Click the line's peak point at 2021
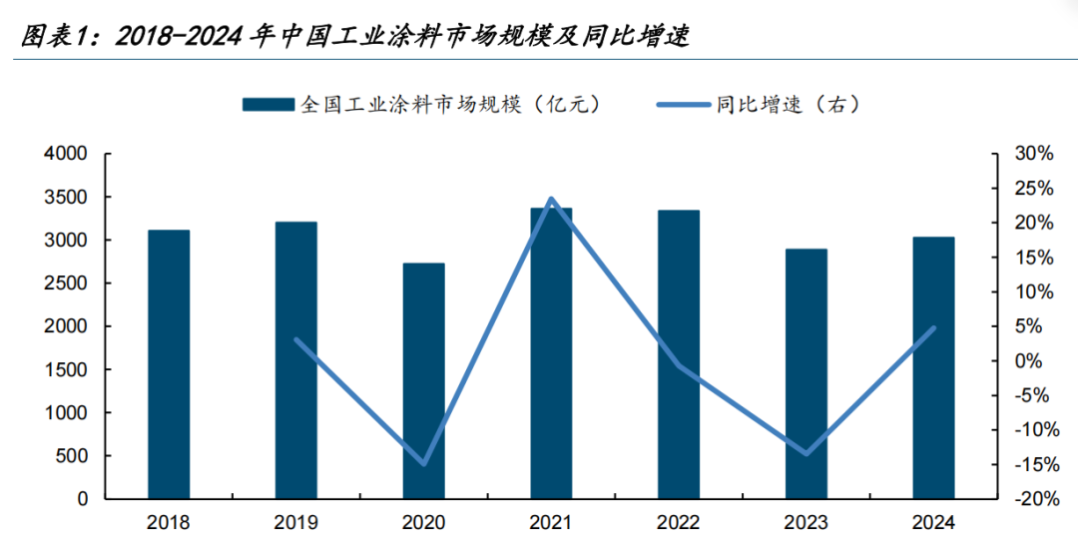[551, 200]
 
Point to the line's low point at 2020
[423, 464]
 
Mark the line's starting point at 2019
[296, 339]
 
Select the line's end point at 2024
[933, 327]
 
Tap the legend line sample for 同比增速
[683, 104]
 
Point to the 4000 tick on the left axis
[67, 155]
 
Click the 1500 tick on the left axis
[67, 370]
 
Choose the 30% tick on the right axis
[1032, 155]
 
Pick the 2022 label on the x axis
[678, 523]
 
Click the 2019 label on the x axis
[296, 523]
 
